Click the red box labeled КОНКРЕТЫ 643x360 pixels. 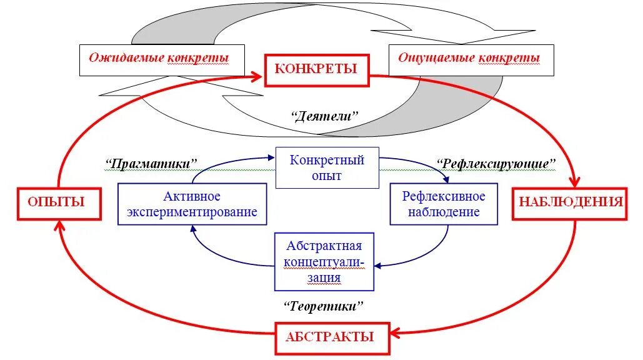pyautogui.click(x=317, y=70)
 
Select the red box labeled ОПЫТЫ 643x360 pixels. pyautogui.click(x=59, y=202)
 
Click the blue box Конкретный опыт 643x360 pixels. pyautogui.click(x=327, y=167)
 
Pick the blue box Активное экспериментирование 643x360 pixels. pyautogui.click(x=192, y=204)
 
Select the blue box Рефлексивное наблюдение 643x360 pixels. pyautogui.click(x=444, y=204)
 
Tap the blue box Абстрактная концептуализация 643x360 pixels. pyautogui.click(x=324, y=261)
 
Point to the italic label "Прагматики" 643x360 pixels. pyautogui.click(x=152, y=164)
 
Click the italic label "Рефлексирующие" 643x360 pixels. pyautogui.click(x=497, y=164)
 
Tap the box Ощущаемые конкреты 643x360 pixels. pyautogui.click(x=470, y=59)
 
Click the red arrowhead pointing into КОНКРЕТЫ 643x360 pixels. pyautogui.click(x=257, y=76)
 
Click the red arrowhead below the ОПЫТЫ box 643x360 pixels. pyautogui.click(x=61, y=227)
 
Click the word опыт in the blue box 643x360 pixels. pyautogui.click(x=327, y=176)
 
